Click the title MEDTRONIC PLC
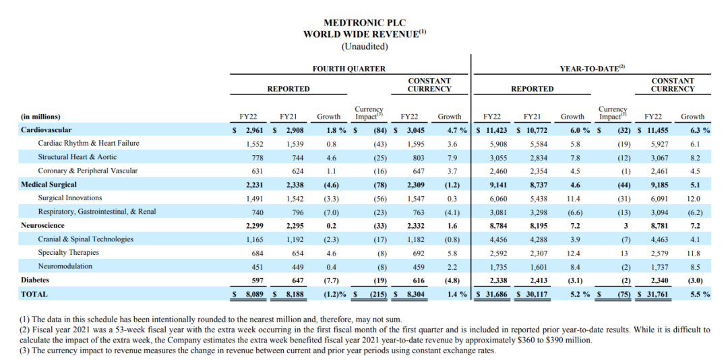(364, 23)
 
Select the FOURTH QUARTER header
(348, 69)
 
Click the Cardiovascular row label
(46, 129)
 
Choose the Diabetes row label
(35, 280)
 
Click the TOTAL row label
(34, 294)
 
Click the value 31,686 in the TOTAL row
(494, 295)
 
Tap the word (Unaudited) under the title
(364, 46)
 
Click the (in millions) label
(40, 116)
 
